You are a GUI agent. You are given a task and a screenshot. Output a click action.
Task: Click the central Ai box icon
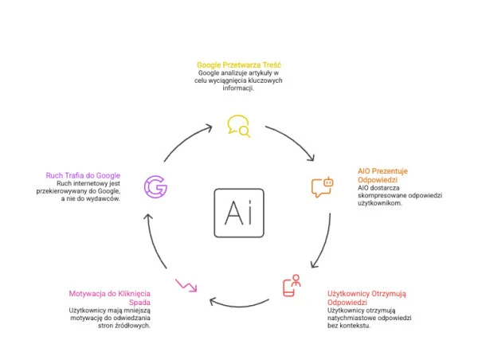click(239, 213)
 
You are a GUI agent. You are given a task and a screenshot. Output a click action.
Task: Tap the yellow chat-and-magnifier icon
click(238, 126)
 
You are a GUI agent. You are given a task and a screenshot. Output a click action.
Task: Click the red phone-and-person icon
click(292, 286)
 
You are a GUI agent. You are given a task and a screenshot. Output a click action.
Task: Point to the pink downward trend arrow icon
click(186, 284)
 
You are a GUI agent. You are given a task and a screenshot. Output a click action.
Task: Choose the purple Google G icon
click(155, 186)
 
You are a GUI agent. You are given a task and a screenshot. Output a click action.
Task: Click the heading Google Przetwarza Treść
click(239, 64)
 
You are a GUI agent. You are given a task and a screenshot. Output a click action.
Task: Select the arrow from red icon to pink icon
click(239, 302)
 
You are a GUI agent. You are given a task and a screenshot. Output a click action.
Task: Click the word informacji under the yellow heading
click(239, 88)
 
